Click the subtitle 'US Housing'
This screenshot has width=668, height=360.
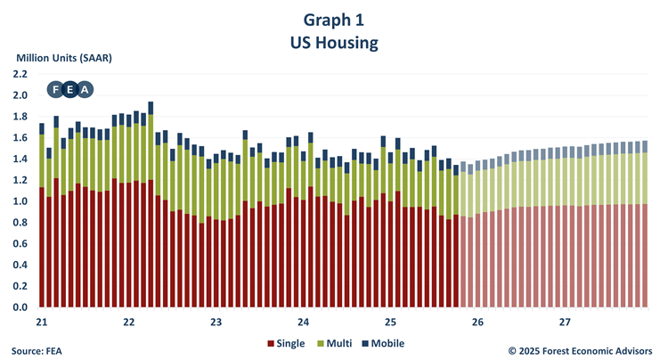coord(333,41)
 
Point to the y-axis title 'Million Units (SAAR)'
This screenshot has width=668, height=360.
coord(68,58)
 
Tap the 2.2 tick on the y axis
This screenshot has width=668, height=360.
coord(20,74)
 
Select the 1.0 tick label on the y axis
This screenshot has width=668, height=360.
coord(20,201)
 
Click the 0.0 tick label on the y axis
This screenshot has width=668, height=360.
coord(20,307)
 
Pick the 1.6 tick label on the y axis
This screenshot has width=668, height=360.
coord(20,138)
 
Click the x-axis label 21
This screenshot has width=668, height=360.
coord(42,322)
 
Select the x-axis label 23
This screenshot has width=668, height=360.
coord(216,322)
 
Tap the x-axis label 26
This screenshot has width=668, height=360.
coord(477,322)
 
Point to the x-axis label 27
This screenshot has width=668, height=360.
coord(565,322)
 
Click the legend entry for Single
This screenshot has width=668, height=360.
coord(286,343)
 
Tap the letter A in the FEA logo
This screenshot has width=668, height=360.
coord(85,89)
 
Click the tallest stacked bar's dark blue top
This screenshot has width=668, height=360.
coord(151,108)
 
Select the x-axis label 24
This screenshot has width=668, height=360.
coord(304,322)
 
